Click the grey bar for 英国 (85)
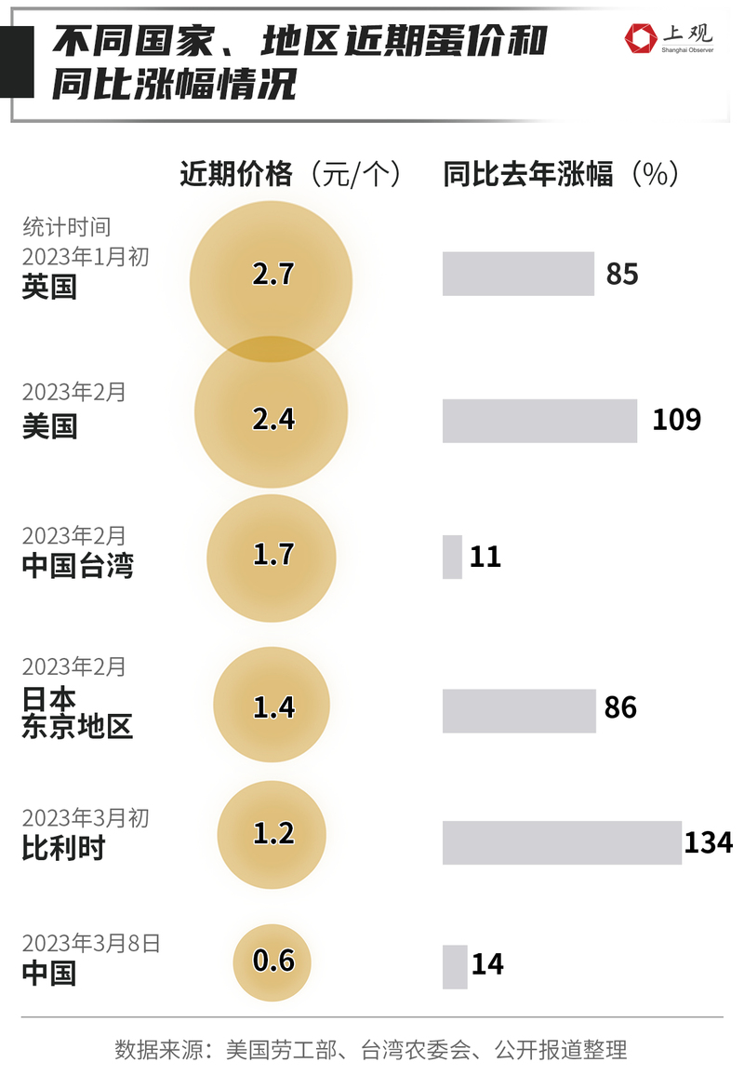coord(518,274)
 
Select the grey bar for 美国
coord(539,421)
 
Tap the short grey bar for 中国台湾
coord(452,557)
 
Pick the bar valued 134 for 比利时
coord(562,842)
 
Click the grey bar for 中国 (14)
coord(455,966)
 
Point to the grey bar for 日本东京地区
coord(519,710)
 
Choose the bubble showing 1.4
coord(272,707)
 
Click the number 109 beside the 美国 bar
coord(676,420)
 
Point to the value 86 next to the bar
coord(620,708)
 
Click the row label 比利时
coord(63,848)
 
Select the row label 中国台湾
coord(77,565)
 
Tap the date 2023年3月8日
coord(91,943)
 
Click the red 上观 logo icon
coord(641,38)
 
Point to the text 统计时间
coord(66,227)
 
